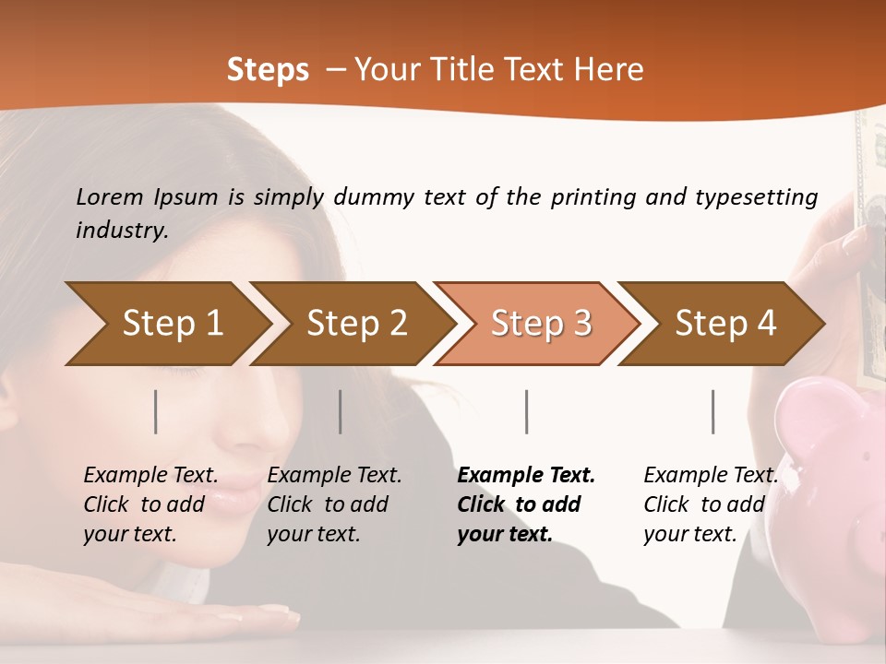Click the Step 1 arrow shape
(x=166, y=323)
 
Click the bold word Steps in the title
(x=268, y=70)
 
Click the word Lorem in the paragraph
(x=110, y=196)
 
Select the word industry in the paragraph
(x=121, y=231)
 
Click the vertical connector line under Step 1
(x=156, y=411)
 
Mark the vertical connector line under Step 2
(x=341, y=411)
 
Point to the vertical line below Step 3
(x=527, y=411)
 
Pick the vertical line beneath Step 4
(x=713, y=411)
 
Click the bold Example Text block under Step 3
(x=526, y=504)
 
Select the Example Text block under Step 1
(x=150, y=504)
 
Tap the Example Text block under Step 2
(x=334, y=504)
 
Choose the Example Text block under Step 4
(x=711, y=504)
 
